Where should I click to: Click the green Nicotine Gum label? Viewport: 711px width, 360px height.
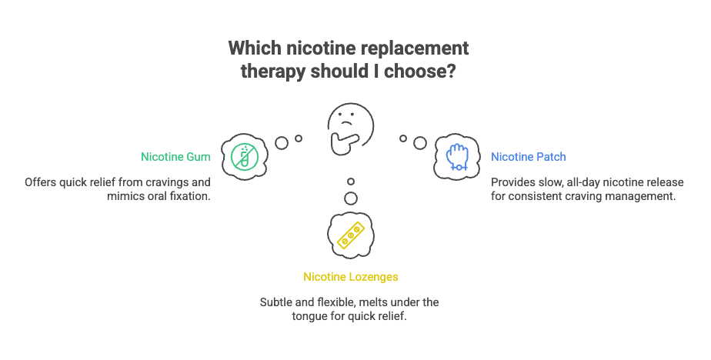175,157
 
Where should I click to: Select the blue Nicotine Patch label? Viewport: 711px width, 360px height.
529,157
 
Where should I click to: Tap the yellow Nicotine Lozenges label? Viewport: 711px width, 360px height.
351,276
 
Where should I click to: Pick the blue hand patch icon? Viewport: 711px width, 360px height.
457,157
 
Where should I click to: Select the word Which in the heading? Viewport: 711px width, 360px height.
255,48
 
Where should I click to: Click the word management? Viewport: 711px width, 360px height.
643,196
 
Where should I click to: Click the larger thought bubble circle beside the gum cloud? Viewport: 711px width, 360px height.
282,142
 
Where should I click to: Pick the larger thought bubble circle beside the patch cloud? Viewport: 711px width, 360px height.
419,143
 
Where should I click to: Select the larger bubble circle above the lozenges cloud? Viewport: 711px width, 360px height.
351,198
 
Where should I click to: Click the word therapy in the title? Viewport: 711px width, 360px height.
270,73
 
